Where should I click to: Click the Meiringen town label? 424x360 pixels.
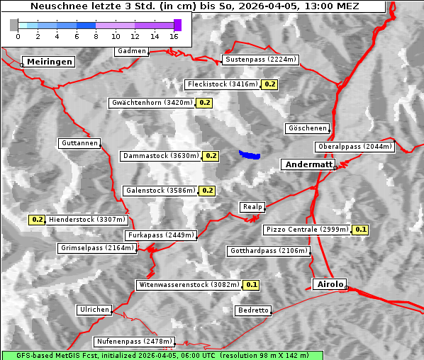coord(48,62)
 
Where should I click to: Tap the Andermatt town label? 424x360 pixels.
coord(308,164)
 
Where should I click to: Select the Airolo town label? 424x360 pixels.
coord(330,284)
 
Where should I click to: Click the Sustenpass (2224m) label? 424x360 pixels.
coord(254,60)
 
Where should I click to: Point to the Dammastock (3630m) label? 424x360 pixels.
coord(160,155)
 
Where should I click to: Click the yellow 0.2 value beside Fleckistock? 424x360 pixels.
coord(269,84)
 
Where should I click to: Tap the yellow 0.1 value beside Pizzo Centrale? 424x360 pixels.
coord(361,230)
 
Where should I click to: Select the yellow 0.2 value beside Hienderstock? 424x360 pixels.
coord(38,220)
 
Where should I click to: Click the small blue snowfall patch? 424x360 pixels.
coord(249,154)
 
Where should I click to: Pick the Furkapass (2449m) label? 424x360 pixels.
coord(160,235)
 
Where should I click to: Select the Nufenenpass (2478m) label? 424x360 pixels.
coord(134,342)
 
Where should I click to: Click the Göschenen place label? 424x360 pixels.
coord(307,128)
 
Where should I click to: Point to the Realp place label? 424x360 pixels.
coord(252,207)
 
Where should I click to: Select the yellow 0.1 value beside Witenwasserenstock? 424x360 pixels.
coord(251,285)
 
